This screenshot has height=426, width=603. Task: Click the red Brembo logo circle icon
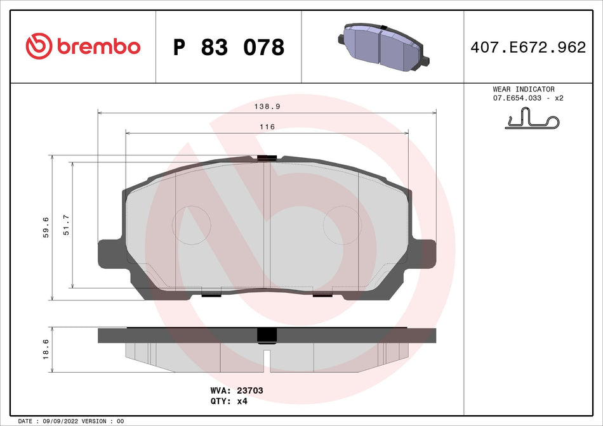pyautogui.click(x=39, y=46)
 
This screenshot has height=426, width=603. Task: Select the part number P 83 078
pyautogui.click(x=229, y=47)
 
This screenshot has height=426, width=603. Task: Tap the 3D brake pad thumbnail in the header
pyautogui.click(x=383, y=46)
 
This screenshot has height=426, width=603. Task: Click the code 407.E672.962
pyautogui.click(x=528, y=47)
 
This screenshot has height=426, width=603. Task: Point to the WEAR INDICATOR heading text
pyautogui.click(x=523, y=89)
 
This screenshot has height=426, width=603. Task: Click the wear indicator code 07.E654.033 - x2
pyautogui.click(x=528, y=98)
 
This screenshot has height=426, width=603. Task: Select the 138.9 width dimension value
pyautogui.click(x=267, y=108)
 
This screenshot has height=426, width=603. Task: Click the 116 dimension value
pyautogui.click(x=267, y=127)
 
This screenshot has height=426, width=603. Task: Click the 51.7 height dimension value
pyautogui.click(x=66, y=225)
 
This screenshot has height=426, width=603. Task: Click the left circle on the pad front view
pyautogui.click(x=192, y=225)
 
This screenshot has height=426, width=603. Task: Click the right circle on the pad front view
pyautogui.click(x=342, y=225)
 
